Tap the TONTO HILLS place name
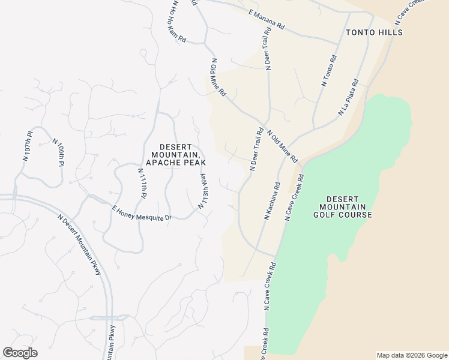[373, 32]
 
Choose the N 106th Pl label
[58, 152]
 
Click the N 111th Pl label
[142, 184]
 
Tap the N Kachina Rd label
[272, 202]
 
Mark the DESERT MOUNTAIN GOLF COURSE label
[349, 207]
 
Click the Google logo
[20, 353]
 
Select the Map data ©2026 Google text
[411, 355]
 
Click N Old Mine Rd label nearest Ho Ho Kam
[217, 77]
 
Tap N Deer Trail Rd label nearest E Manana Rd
[266, 50]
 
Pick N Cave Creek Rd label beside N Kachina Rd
[295, 198]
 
